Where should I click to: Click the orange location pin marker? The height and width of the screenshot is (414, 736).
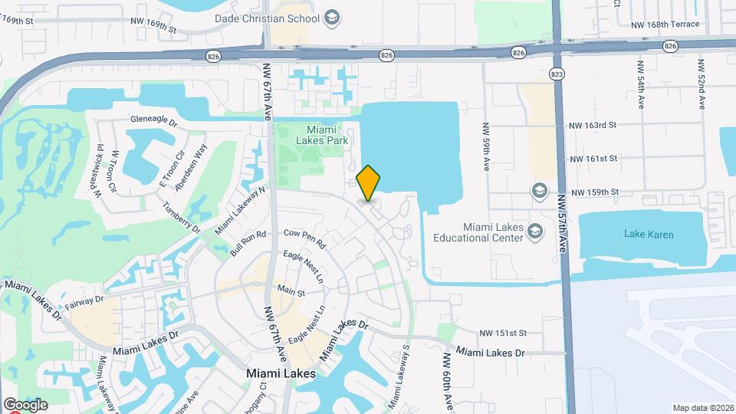click(369, 183)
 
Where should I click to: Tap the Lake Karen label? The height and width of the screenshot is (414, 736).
click(649, 235)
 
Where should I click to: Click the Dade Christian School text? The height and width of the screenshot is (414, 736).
click(278, 17)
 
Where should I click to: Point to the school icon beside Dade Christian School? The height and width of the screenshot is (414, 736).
click(332, 17)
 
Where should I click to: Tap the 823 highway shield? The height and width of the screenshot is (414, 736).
click(557, 73)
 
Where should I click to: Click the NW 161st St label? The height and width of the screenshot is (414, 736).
click(593, 159)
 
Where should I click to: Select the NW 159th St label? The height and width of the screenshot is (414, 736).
click(594, 192)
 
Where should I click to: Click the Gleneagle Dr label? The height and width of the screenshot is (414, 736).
click(153, 120)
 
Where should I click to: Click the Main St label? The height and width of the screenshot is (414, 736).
click(291, 292)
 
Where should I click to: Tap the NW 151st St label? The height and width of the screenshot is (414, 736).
click(503, 333)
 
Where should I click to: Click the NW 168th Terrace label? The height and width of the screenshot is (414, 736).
click(665, 25)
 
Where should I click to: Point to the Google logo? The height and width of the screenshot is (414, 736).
click(25, 405)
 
